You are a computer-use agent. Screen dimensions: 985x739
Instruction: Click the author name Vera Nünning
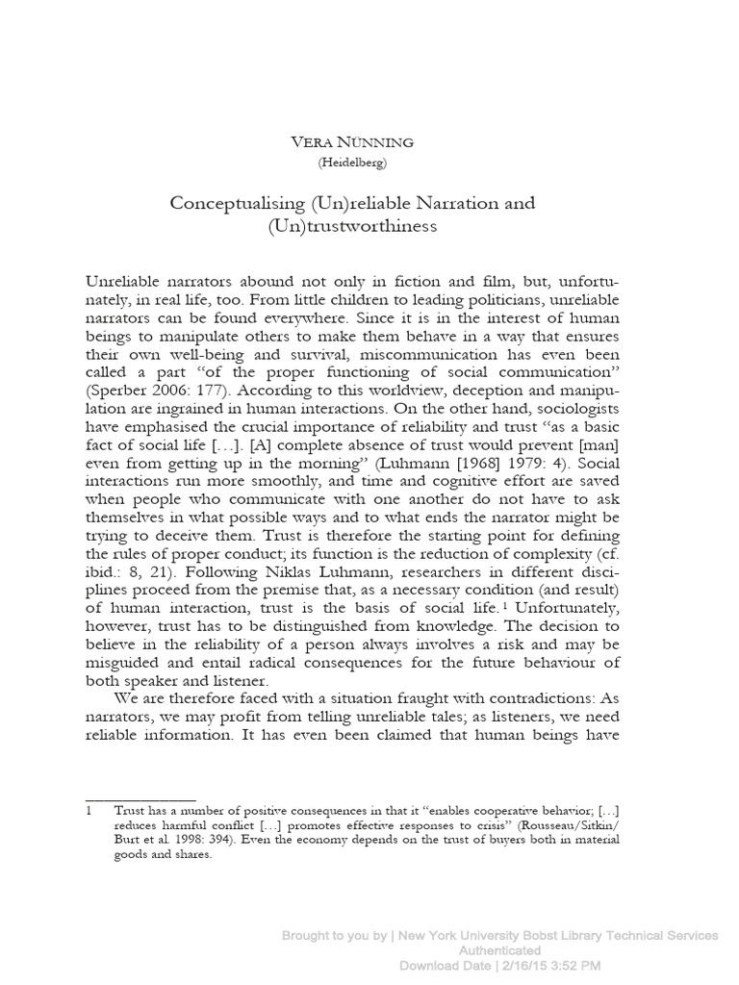pos(352,141)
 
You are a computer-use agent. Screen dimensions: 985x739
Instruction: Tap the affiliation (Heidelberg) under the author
pos(352,163)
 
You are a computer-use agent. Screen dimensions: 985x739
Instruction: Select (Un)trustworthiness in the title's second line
pos(352,226)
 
